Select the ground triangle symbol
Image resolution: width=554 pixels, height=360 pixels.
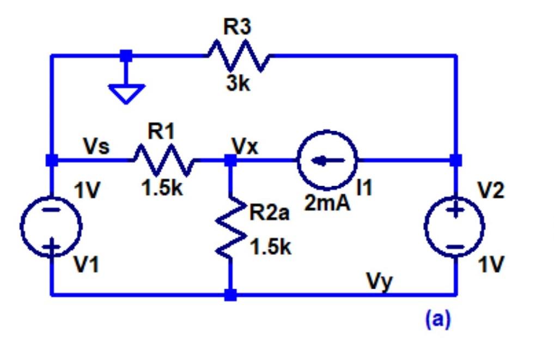(126, 93)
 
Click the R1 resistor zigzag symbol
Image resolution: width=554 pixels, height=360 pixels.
(162, 160)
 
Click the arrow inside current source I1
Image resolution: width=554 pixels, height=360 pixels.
(327, 160)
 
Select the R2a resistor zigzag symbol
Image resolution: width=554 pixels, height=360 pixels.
(231, 229)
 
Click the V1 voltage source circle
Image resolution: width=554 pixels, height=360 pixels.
(51, 225)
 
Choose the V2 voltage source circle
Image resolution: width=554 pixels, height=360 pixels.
(455, 225)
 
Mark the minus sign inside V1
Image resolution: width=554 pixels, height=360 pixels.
(51, 210)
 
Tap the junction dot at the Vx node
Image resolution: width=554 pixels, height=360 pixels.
(231, 160)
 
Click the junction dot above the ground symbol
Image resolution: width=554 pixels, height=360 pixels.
(126, 55)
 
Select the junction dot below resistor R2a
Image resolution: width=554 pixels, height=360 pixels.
(231, 295)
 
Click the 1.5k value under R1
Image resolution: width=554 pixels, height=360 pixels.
(162, 188)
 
